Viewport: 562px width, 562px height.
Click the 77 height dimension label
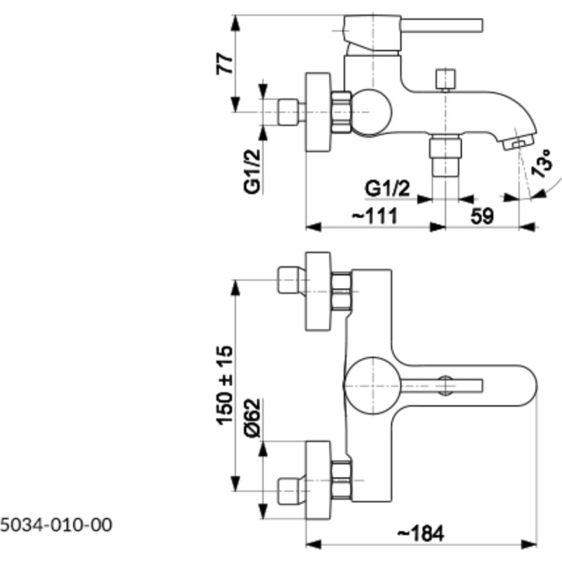pyautogui.click(x=225, y=63)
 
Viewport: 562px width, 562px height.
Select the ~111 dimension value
pyautogui.click(x=375, y=216)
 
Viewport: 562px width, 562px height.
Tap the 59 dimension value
pyautogui.click(x=482, y=216)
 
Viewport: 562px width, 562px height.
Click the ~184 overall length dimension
pyautogui.click(x=421, y=534)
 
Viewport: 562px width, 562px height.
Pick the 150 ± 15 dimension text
pyautogui.click(x=225, y=385)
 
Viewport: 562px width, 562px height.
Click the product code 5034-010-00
pyautogui.click(x=56, y=525)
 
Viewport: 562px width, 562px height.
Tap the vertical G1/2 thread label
pyautogui.click(x=252, y=171)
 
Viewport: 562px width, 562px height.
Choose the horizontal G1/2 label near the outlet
pyautogui.click(x=387, y=188)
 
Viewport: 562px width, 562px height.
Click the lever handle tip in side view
pyautogui.click(x=481, y=25)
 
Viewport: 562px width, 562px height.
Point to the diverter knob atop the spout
pyautogui.click(x=445, y=79)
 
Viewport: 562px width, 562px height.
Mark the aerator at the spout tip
pyautogui.click(x=518, y=142)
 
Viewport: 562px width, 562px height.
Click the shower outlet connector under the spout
pyautogui.click(x=445, y=155)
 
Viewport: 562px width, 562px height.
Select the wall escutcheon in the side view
pyautogui.click(x=318, y=112)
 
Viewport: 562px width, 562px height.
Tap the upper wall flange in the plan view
pyautogui.click(x=318, y=291)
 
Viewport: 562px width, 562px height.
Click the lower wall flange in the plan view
pyautogui.click(x=318, y=481)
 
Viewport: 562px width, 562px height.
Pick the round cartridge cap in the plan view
pyautogui.click(x=372, y=386)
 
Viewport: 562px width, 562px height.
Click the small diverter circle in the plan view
pyautogui.click(x=445, y=386)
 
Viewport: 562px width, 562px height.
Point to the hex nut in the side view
pyautogui.click(x=341, y=112)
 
